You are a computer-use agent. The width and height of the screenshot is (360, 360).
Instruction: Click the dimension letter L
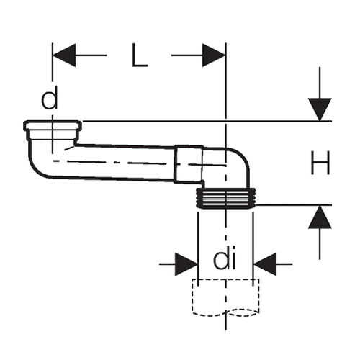coord(140,55)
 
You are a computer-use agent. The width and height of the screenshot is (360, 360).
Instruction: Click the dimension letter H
coord(320,163)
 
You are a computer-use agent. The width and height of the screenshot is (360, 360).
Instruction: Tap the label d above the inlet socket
coord(50,97)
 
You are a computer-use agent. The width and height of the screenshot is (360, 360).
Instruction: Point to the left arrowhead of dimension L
coord(64,55)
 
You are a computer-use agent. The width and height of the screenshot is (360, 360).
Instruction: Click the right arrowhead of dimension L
coord(214,55)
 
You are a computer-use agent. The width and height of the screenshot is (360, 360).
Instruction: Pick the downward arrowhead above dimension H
coord(320,109)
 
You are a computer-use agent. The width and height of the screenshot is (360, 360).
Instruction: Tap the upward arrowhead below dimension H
coord(320,217)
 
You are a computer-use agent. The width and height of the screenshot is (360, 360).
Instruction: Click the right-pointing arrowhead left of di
coord(186,264)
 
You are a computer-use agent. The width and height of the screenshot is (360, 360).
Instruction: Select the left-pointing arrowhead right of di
coord(265,264)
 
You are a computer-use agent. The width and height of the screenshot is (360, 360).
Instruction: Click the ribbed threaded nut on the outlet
coord(225,198)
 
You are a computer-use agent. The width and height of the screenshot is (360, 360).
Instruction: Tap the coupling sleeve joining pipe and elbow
coord(189,164)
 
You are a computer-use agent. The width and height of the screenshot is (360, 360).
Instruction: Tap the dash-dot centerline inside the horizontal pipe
coord(139,163)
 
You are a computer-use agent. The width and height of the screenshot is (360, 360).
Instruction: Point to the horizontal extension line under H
coord(294,205)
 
